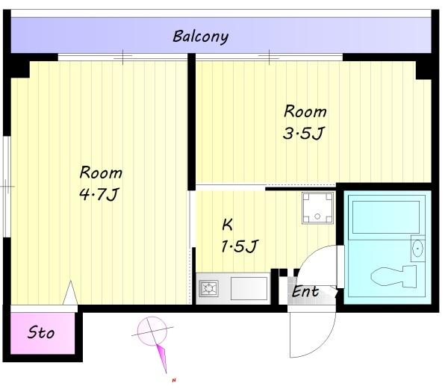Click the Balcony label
(201, 37)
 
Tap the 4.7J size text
(99, 194)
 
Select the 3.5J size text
(304, 134)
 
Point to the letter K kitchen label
(227, 225)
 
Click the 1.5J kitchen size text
(240, 246)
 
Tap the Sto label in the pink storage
(41, 333)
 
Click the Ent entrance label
(305, 291)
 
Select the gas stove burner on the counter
(209, 288)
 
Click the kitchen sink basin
(249, 288)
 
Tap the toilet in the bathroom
(393, 276)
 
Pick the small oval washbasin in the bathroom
(417, 248)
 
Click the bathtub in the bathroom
(386, 217)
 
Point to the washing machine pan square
(318, 208)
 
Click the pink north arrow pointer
(163, 358)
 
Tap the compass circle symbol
(152, 332)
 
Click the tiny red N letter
(174, 380)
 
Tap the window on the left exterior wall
(7, 187)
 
